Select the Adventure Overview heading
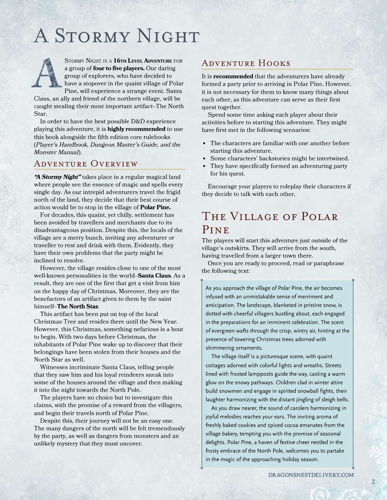tap(86, 164)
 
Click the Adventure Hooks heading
tap(246, 63)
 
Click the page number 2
tap(373, 482)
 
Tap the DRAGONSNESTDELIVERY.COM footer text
tap(311, 475)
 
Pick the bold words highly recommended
tap(136, 129)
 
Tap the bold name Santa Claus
tap(154, 276)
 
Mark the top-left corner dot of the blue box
tap(202, 280)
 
